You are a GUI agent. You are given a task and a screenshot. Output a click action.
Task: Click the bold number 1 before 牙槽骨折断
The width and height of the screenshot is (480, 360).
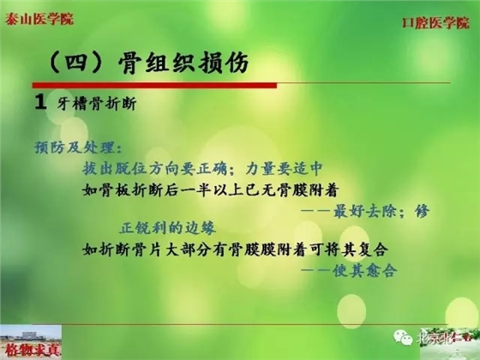coord(40,103)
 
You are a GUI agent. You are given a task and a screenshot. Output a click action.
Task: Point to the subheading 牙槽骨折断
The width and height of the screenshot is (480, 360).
coord(99,104)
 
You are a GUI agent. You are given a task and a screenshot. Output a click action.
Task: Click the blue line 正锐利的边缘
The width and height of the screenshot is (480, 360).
coord(171,229)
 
